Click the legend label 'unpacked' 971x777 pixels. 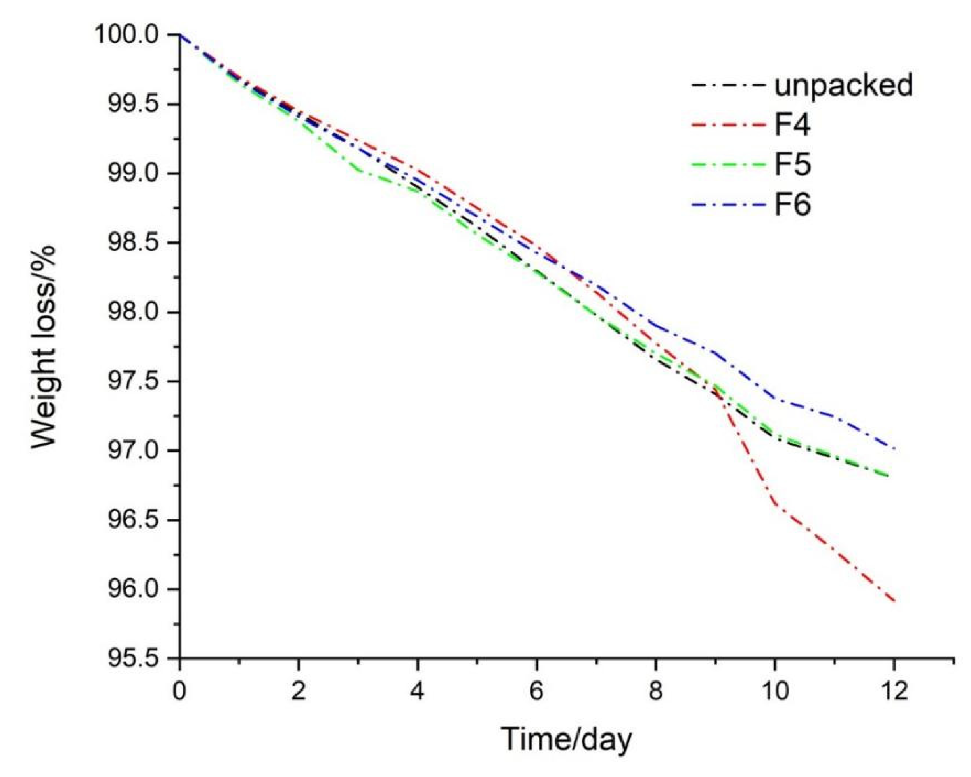(843, 85)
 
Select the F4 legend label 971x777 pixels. (792, 125)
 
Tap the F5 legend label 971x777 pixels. (792, 164)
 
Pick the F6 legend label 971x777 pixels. (792, 205)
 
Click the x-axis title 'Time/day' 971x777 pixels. (567, 739)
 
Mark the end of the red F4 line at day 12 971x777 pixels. (894, 601)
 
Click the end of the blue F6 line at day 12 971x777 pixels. (894, 448)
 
